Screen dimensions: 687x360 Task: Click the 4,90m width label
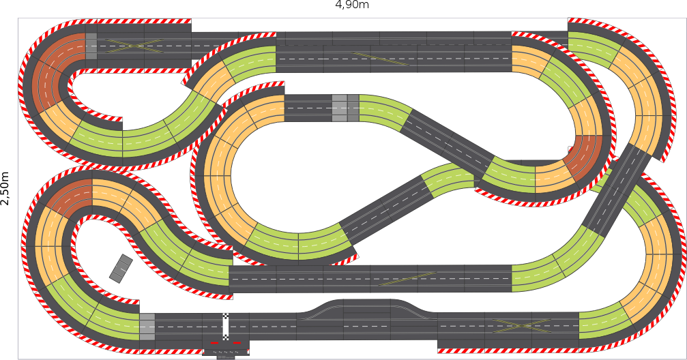[x=352, y=5]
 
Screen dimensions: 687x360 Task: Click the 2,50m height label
[x=5, y=188]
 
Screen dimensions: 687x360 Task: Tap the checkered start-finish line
[x=226, y=327]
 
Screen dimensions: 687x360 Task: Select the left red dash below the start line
[x=214, y=343]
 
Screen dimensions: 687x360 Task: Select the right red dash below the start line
[x=237, y=343]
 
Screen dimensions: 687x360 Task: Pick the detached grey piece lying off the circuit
[x=121, y=268]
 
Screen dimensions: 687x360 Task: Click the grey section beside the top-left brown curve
[x=91, y=46]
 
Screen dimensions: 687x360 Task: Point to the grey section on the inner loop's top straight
[x=345, y=108]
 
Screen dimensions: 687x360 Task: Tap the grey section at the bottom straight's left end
[x=147, y=327]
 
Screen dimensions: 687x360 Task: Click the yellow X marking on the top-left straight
[x=136, y=46]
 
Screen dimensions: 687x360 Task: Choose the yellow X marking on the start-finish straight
[x=521, y=326]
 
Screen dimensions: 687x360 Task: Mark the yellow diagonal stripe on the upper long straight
[x=380, y=59]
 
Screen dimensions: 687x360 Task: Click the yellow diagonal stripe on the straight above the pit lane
[x=407, y=279]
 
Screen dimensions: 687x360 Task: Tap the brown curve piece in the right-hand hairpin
[x=585, y=160]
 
